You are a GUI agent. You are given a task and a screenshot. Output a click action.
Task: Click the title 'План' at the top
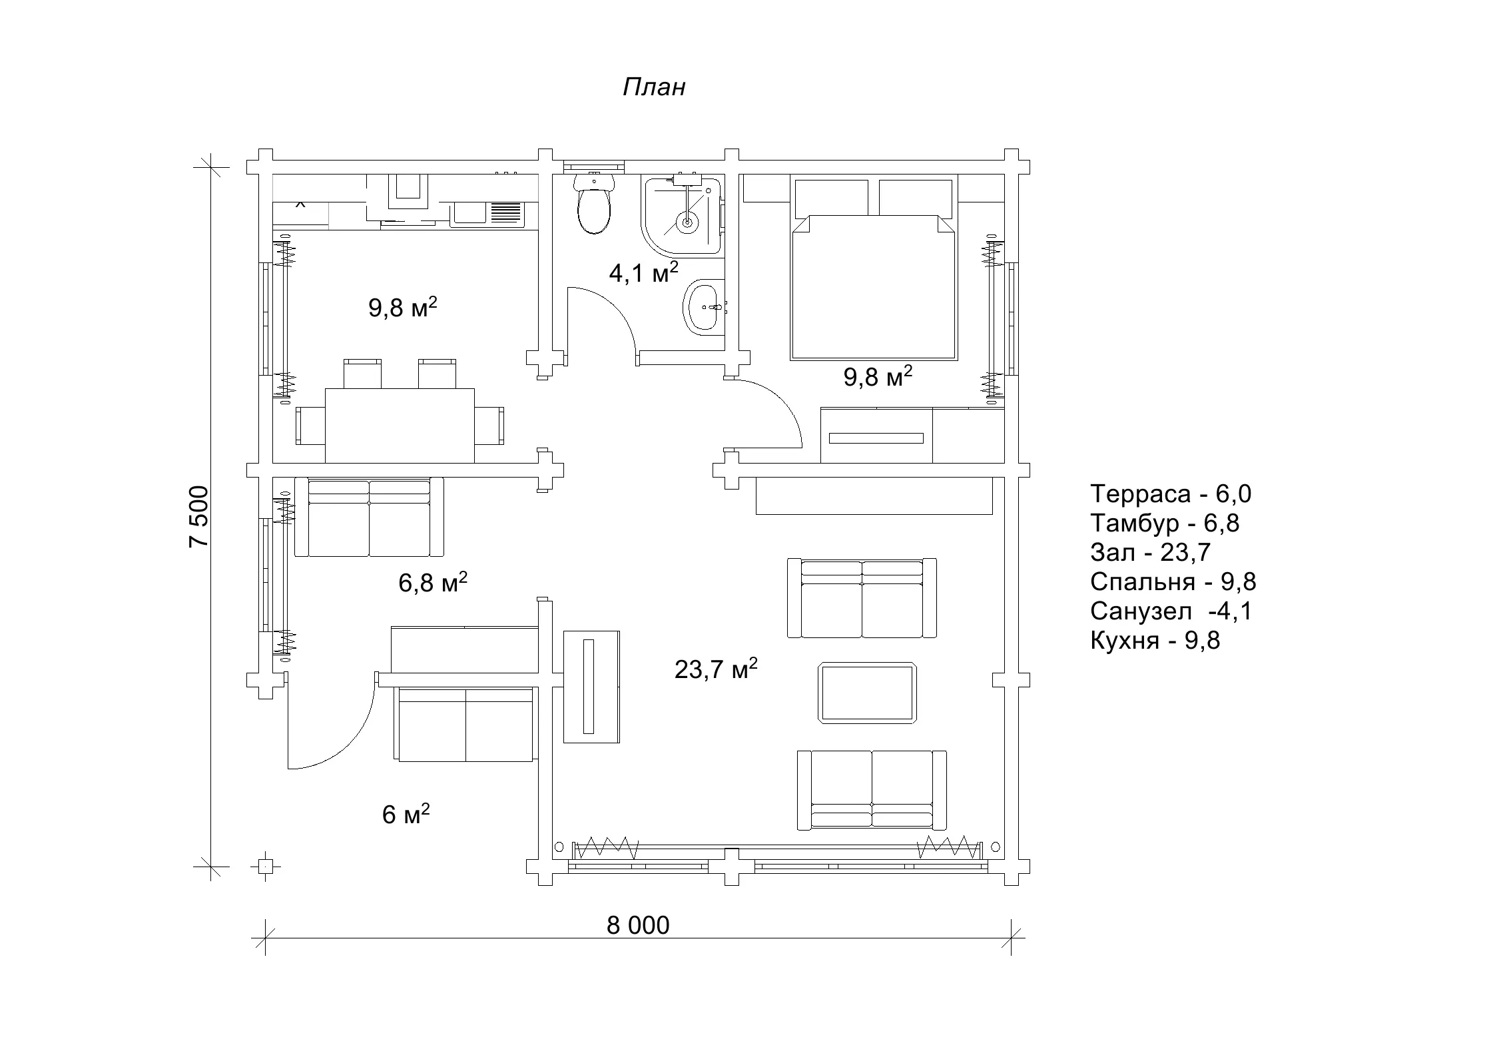coord(654,87)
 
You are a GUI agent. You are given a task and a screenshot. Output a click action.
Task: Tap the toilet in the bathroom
coord(593,204)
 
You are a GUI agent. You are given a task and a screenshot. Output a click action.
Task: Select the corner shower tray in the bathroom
coord(681,216)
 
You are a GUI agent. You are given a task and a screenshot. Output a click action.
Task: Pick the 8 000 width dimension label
coord(638,925)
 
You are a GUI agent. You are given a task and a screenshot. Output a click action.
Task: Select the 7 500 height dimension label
coord(199,517)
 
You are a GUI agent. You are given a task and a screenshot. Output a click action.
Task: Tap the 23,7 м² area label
coord(716,668)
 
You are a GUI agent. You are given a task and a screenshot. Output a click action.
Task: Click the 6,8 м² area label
coord(433,582)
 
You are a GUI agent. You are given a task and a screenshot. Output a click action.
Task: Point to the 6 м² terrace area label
coord(406,813)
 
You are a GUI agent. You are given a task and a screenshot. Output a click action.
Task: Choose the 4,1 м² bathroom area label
coord(644,272)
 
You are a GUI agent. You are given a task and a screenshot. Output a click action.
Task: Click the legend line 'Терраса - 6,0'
coord(1171,494)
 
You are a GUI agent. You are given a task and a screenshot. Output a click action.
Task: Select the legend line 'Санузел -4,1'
coord(1171,611)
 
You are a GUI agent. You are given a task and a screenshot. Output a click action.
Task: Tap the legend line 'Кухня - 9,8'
coord(1155,640)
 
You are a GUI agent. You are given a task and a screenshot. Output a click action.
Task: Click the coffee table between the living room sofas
coord(867,692)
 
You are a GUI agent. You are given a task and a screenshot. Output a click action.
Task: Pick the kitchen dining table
coord(400,426)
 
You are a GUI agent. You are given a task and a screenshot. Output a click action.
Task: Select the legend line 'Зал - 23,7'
coord(1150,552)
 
